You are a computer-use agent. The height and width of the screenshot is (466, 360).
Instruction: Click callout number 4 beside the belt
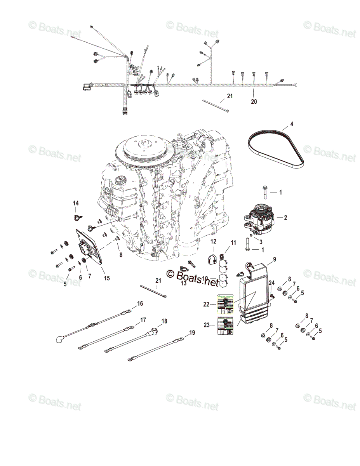pyautogui.click(x=292, y=125)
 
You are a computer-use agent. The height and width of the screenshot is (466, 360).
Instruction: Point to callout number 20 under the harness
pyautogui.click(x=254, y=102)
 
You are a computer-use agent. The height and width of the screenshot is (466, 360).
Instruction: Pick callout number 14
pyautogui.click(x=76, y=203)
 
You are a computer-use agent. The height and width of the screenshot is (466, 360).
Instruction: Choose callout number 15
pyautogui.click(x=107, y=278)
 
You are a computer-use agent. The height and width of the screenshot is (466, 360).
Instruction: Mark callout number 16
pyautogui.click(x=140, y=303)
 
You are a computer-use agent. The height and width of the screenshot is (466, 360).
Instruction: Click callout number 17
pyautogui.click(x=143, y=320)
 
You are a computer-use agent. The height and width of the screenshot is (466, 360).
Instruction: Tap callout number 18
pyautogui.click(x=164, y=321)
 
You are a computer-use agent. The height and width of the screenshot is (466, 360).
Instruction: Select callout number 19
pyautogui.click(x=192, y=333)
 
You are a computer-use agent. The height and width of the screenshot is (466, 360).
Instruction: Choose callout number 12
pyautogui.click(x=214, y=242)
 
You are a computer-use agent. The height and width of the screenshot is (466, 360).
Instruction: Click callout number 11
pyautogui.click(x=233, y=243)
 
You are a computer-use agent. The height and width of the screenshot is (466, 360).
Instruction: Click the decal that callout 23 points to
pyautogui.click(x=226, y=326)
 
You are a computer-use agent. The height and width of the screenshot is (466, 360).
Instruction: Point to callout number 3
pyautogui.click(x=261, y=241)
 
